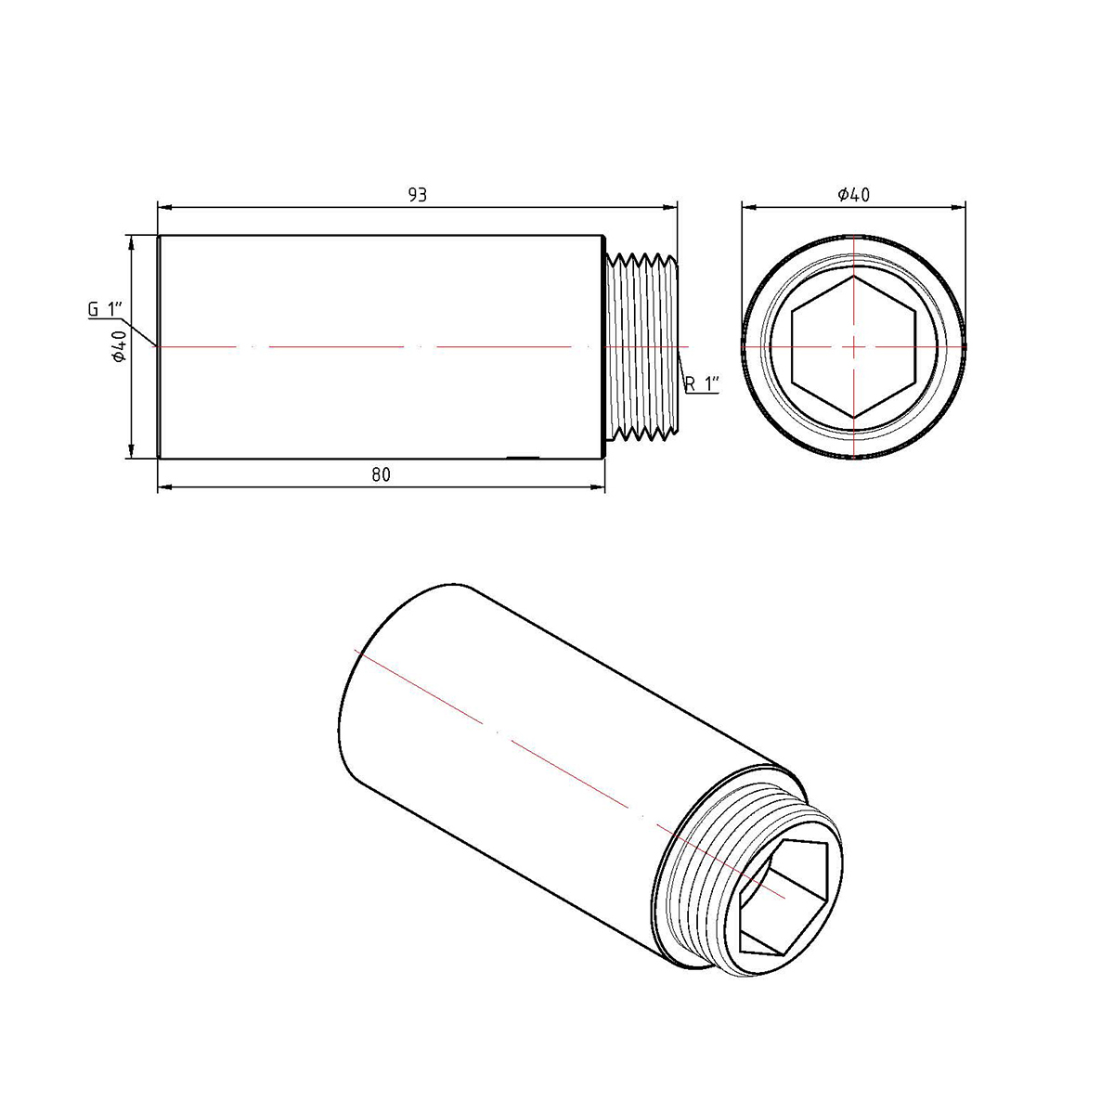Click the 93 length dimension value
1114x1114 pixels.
[x=417, y=195]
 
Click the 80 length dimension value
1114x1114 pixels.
[x=381, y=474]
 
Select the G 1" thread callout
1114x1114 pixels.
[x=105, y=309]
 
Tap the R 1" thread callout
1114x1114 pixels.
[x=703, y=383]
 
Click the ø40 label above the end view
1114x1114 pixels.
[x=853, y=195]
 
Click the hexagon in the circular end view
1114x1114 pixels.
[x=854, y=346]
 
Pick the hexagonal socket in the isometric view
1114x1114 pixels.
[x=784, y=903]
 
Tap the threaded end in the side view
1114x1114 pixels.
[x=641, y=346]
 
